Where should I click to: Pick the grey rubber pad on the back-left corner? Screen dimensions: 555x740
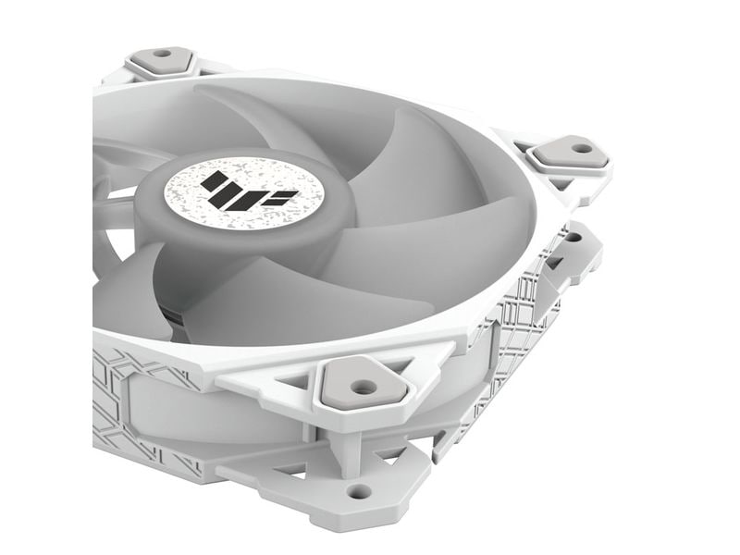coord(161,60)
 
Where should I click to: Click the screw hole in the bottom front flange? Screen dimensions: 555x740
coord(359,490)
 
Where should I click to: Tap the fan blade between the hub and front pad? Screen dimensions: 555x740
coord(277,305)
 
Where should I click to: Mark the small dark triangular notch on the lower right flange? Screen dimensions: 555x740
coord(555,264)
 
